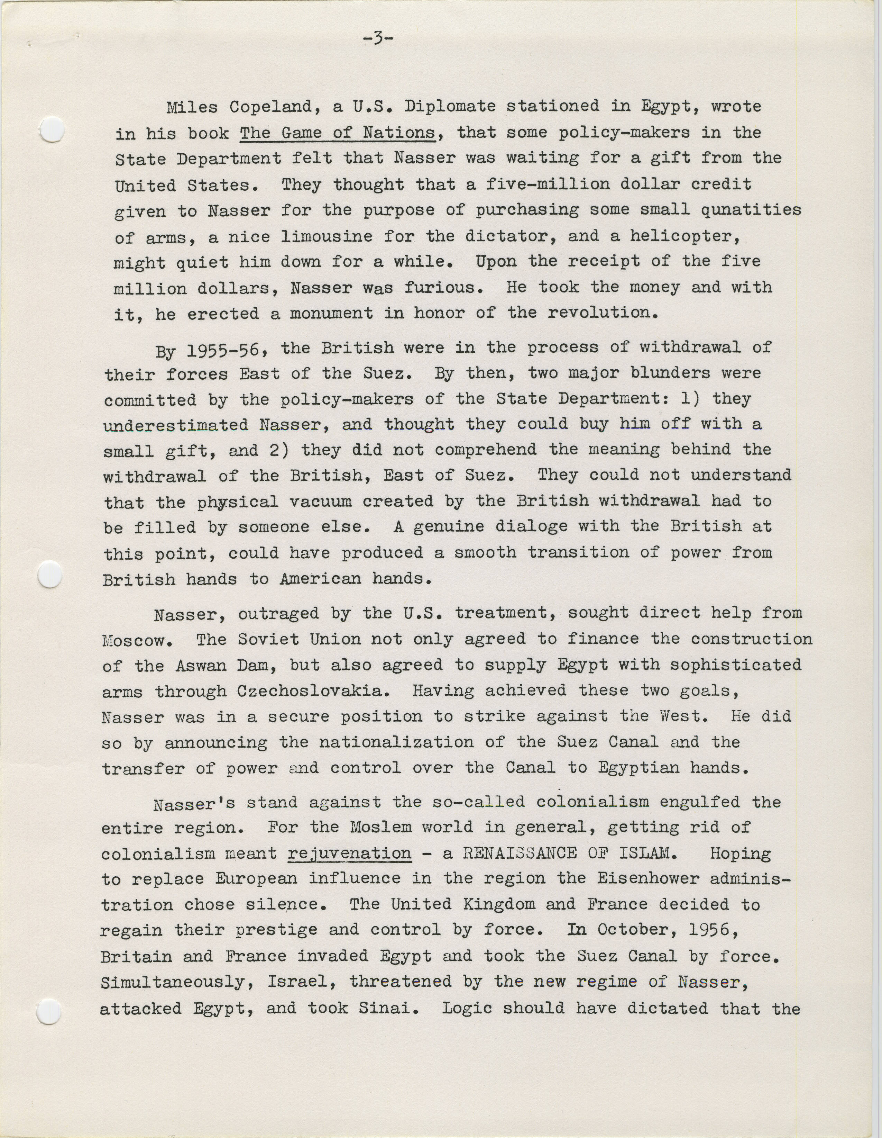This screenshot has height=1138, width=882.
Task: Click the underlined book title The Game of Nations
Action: click(x=337, y=133)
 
